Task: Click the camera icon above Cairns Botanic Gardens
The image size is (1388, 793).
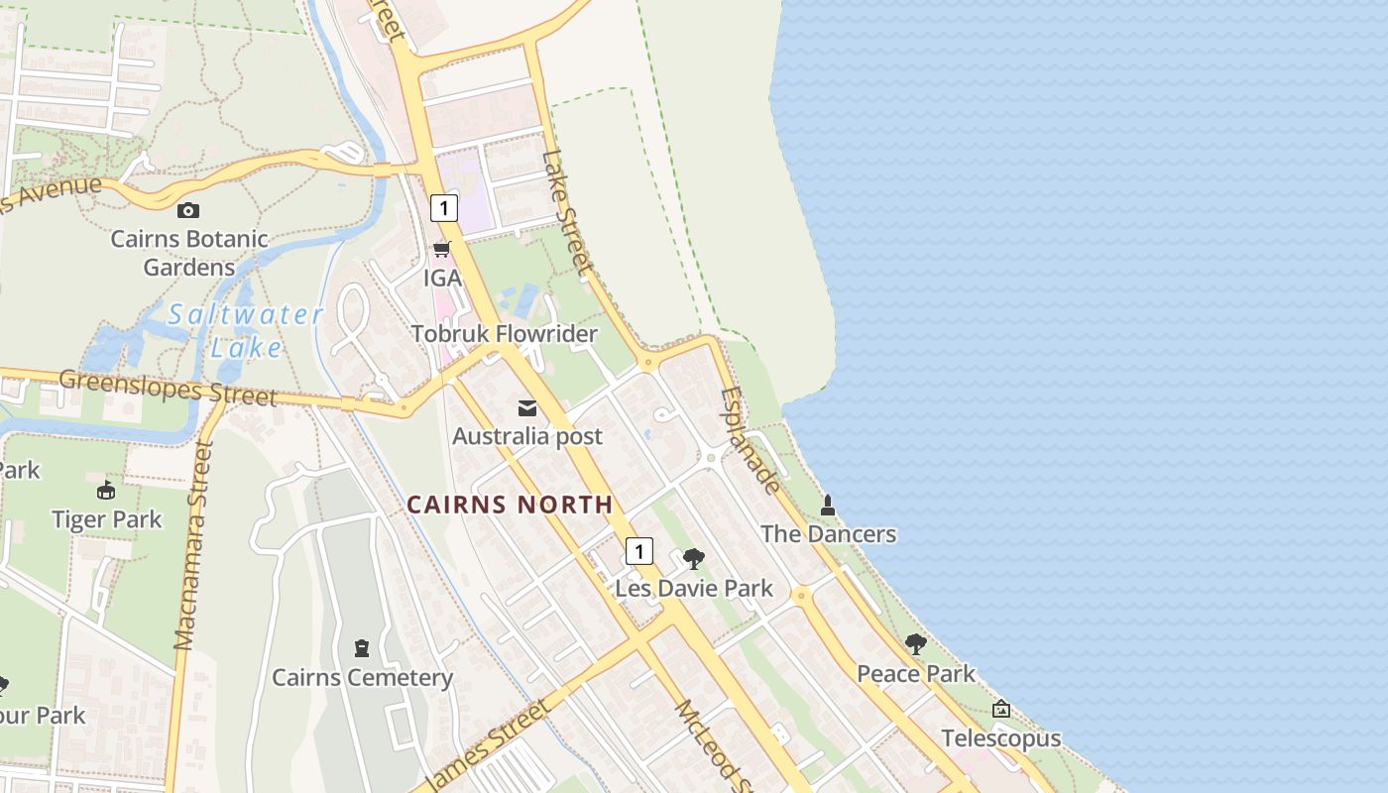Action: pos(187,210)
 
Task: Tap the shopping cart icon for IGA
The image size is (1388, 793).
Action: pos(442,249)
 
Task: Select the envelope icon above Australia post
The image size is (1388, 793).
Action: pos(527,407)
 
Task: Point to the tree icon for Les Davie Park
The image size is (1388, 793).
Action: pos(694,558)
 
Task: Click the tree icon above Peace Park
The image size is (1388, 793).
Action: pos(916,644)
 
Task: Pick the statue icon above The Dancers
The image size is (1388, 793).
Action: pos(828,506)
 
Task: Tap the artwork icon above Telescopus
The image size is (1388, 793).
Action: pos(1001,709)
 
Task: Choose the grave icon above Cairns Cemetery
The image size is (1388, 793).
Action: pos(362,648)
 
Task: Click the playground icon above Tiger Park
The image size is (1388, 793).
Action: pos(106,490)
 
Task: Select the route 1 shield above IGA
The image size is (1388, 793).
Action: pos(444,207)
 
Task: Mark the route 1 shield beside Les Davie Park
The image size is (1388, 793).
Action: pos(639,551)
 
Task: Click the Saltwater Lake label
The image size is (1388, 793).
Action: pos(246,331)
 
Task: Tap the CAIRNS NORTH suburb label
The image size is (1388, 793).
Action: pos(511,505)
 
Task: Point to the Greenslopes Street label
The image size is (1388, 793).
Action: pos(168,388)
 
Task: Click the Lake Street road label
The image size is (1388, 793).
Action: pos(567,212)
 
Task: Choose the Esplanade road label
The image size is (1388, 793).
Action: pos(751,440)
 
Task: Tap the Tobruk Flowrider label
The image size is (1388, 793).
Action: pos(505,334)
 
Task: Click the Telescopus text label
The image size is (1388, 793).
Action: pos(1001,738)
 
